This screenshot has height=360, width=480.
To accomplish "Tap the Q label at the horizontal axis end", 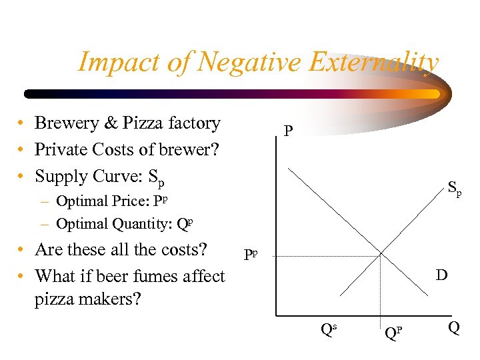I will (x=453, y=328).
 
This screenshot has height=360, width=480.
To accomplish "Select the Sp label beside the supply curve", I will (x=454, y=190).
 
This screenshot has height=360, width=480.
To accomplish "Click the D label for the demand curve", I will (x=441, y=274).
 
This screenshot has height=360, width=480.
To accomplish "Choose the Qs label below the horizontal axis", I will (x=327, y=329).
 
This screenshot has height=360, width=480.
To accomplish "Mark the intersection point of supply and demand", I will (x=381, y=254).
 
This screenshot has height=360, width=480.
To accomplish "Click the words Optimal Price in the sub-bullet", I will (x=103, y=201).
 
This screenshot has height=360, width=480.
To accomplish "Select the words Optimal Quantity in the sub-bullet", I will (x=114, y=224).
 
